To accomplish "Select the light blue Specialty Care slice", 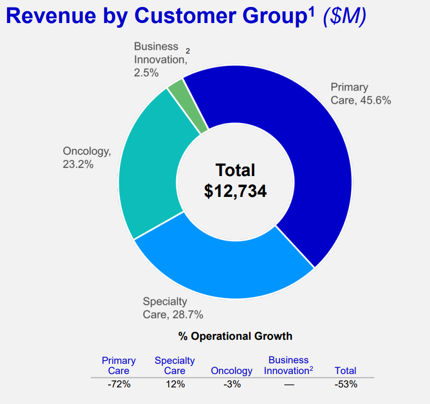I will coord(225,268).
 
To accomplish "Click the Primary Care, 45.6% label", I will coord(360,94).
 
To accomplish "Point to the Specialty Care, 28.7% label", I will coord(172,308).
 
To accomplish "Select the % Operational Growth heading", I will coord(236,336).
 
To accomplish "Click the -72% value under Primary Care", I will coord(118,384).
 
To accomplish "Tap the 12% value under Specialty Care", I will coord(175,384).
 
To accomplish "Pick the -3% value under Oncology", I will coord(231,384).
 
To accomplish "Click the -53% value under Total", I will coord(345,384).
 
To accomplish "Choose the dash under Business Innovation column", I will coord(289,384).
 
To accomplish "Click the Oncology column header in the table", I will coord(231,371).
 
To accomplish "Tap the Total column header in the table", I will coord(345,371).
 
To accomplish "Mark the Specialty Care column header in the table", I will coord(175,365).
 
